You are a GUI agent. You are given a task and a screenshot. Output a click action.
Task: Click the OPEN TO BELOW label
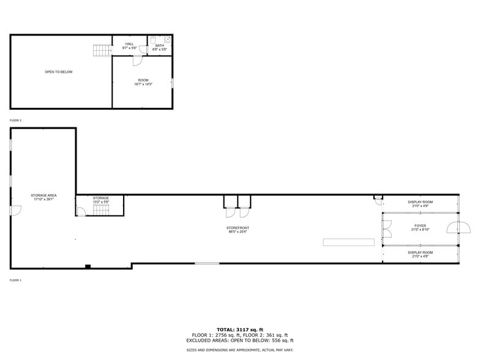pos(58,72)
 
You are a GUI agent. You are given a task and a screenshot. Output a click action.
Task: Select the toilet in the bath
pos(153,41)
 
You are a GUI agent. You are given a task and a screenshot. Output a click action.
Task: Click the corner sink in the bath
pos(168,40)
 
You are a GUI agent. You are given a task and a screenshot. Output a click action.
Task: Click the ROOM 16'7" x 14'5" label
pos(143,82)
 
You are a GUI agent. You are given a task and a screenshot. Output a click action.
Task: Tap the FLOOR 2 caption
pos(15,121)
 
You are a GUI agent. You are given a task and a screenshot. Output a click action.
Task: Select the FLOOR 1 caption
pos(15,280)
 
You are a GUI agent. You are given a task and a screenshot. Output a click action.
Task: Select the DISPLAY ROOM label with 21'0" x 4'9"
pos(420,204)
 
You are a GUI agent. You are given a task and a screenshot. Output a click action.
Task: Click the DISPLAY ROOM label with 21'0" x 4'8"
pos(420,254)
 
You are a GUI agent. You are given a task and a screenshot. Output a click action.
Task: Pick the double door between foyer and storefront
pos(387,229)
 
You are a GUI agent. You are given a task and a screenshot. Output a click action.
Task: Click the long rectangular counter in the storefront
pos(348,242)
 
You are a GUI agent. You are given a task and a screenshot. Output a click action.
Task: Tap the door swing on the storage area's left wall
pos(16,211)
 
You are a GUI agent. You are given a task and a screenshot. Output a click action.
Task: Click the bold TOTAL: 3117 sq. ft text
pos(240,330)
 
